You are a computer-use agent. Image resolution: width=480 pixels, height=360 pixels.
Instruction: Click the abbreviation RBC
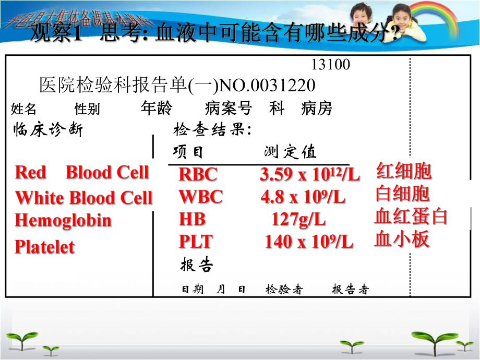[x=198, y=174]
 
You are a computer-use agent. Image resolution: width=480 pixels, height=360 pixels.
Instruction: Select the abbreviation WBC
[x=200, y=197]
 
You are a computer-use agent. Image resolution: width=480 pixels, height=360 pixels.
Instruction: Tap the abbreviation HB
[x=189, y=219]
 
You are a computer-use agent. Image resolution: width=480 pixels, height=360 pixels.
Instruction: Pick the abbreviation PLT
[x=196, y=242]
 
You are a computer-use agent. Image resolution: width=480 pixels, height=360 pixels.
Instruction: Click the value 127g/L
[x=298, y=220]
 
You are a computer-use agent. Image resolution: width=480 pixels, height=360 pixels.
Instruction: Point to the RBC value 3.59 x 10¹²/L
[x=309, y=175]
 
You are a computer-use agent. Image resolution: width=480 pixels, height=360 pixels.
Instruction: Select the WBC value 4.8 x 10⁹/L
[x=303, y=198]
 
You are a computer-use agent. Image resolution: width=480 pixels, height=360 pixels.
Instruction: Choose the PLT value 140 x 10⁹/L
[x=308, y=242]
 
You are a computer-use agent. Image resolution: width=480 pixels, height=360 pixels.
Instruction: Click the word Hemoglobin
[x=63, y=220]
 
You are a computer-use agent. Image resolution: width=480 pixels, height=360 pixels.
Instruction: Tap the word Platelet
[x=45, y=247]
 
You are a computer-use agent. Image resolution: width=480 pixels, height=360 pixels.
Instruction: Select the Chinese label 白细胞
[x=402, y=194]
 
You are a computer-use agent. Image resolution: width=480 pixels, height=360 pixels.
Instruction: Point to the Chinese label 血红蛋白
[x=411, y=217]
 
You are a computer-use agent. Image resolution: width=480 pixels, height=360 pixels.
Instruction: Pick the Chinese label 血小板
[x=402, y=239]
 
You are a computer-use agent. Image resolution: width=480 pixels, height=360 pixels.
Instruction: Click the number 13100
[x=330, y=65]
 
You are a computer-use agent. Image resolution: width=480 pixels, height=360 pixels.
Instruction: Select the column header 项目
[x=188, y=152]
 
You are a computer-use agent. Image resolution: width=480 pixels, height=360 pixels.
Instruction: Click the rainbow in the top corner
[x=443, y=16]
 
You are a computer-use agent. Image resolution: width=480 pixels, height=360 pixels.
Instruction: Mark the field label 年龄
[x=156, y=108]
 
